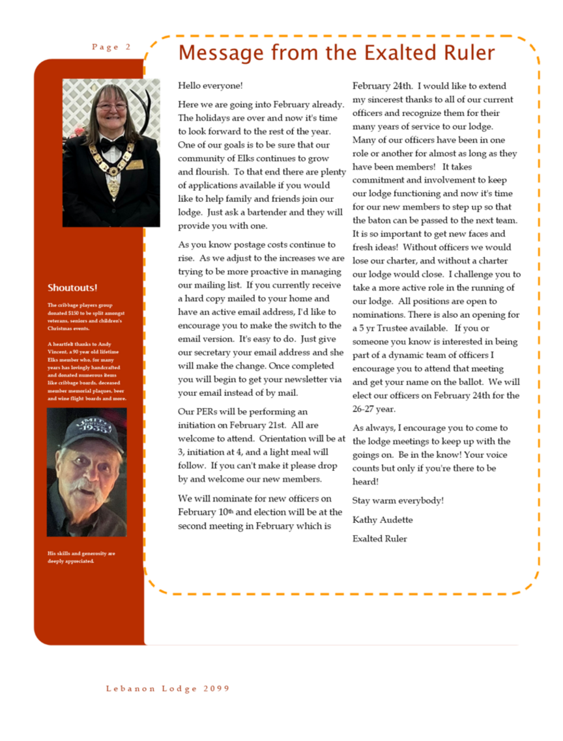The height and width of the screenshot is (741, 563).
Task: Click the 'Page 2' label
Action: pyautogui.click(x=111, y=47)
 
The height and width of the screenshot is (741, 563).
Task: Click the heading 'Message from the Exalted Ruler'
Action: pyautogui.click(x=336, y=52)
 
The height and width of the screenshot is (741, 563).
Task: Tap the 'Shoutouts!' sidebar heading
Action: pyautogui.click(x=73, y=287)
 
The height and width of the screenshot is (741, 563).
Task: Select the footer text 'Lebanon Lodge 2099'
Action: pyautogui.click(x=168, y=688)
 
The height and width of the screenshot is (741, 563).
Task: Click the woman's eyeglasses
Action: pyautogui.click(x=112, y=106)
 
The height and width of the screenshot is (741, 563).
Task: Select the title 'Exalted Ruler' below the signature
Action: pyautogui.click(x=380, y=538)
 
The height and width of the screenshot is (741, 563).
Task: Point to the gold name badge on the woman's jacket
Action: pyautogui.click(x=134, y=165)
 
